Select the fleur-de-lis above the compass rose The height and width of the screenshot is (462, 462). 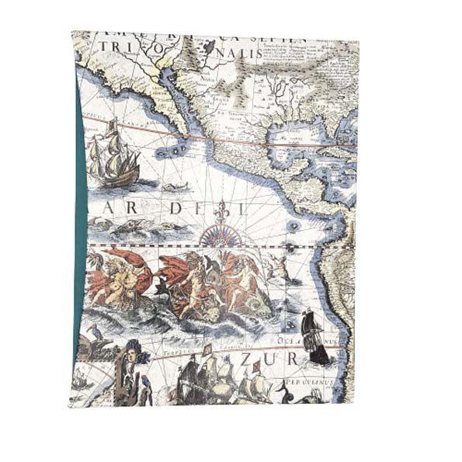224,210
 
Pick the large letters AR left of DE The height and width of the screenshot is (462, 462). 119,209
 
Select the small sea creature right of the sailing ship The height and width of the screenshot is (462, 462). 175,187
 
